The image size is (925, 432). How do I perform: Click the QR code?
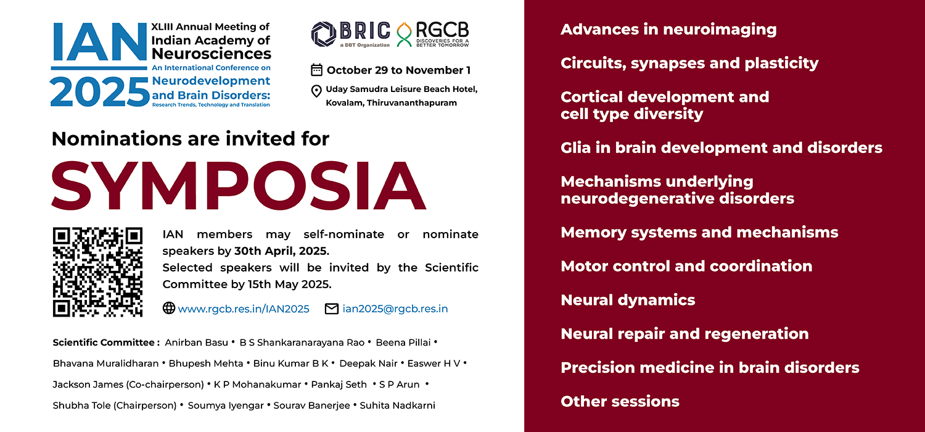point(97,272)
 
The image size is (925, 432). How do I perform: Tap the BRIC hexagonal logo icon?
point(323,34)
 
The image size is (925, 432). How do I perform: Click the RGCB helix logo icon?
point(405,35)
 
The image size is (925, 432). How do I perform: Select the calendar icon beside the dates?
point(316,70)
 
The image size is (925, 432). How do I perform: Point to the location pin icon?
point(316,91)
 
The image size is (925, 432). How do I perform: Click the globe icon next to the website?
point(168,308)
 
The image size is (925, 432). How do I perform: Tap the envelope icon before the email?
point(332,309)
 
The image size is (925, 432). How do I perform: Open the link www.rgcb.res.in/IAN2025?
point(244,309)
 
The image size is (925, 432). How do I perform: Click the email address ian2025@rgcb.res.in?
point(395,309)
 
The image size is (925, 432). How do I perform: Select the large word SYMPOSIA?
point(239,185)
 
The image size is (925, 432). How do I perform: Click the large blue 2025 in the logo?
point(99,92)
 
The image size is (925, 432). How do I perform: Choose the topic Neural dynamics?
point(628,300)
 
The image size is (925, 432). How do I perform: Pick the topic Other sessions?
point(620,401)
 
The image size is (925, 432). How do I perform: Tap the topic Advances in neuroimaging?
point(668,30)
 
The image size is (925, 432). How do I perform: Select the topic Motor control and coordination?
point(686,266)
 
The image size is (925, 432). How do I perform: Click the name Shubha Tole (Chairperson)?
point(115,405)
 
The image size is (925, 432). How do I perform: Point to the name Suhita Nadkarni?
point(397,405)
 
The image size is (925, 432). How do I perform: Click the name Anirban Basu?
point(196,343)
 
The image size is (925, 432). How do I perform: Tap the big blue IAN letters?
point(99,42)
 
